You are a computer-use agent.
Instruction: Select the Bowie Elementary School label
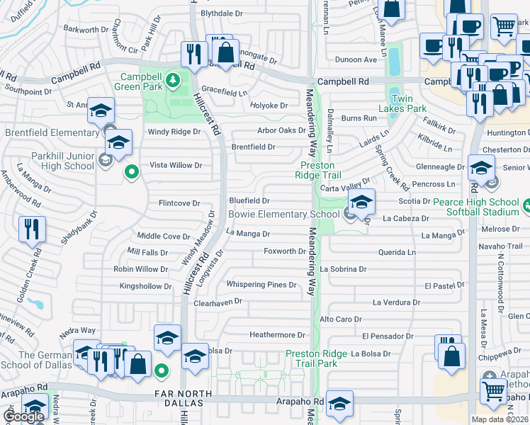283,214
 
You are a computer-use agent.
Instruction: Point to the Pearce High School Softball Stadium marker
526,207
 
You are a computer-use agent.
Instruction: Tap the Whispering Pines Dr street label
261,285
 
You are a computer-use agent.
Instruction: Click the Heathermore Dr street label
277,335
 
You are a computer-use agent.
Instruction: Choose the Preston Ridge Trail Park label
317,358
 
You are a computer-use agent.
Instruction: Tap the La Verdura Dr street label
397,302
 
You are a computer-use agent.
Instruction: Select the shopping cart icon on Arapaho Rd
494,390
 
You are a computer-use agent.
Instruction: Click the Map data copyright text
500,419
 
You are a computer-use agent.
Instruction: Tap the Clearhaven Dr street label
218,301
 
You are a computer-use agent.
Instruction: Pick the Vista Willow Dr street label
175,165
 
